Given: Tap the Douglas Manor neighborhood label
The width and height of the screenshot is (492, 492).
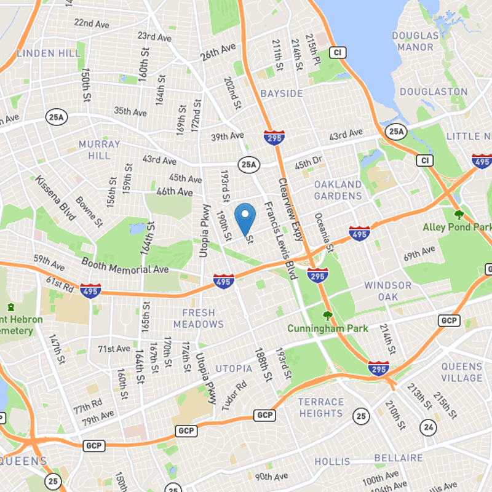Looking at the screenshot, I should (415, 41).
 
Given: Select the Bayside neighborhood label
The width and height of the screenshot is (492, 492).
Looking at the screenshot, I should (282, 93).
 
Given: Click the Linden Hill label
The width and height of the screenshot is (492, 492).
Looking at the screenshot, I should (49, 54).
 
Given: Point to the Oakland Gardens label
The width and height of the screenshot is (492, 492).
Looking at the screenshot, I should (338, 190).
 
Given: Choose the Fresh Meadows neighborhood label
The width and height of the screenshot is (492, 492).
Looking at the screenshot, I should (199, 318).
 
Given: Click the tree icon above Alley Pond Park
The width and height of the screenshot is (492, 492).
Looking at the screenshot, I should (458, 215).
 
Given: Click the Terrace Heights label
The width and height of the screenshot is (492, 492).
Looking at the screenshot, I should (320, 408).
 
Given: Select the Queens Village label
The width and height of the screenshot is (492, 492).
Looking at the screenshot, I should (462, 372).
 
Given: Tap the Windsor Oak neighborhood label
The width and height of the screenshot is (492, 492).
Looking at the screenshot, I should (388, 291).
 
